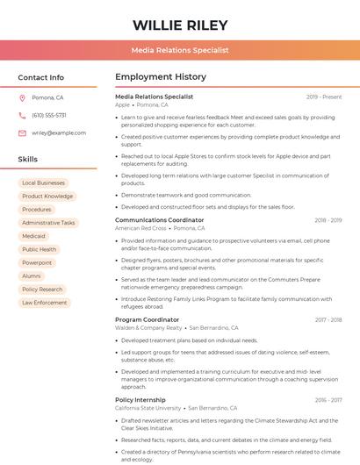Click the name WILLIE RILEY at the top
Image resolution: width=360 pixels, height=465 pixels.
180,25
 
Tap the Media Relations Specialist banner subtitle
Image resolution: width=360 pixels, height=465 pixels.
180,50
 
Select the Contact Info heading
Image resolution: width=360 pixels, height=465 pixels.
40,77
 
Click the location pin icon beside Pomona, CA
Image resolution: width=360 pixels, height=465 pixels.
22,98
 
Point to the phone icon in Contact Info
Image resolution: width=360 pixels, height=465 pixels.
22,115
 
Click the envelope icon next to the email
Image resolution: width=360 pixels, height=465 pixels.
22,132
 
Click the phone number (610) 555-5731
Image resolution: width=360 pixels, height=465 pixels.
48,115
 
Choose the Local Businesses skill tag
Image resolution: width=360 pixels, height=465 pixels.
43,183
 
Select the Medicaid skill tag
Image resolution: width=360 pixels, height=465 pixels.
33,236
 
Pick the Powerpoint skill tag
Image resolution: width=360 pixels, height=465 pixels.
37,262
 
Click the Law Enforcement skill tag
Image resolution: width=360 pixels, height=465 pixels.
44,303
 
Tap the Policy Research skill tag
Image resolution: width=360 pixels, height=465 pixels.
42,290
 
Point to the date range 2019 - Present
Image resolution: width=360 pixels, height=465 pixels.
324,97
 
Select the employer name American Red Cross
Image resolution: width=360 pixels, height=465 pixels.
140,228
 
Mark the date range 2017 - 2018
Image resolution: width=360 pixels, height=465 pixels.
328,320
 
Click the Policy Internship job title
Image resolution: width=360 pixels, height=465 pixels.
140,399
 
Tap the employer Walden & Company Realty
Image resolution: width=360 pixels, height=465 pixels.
148,328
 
